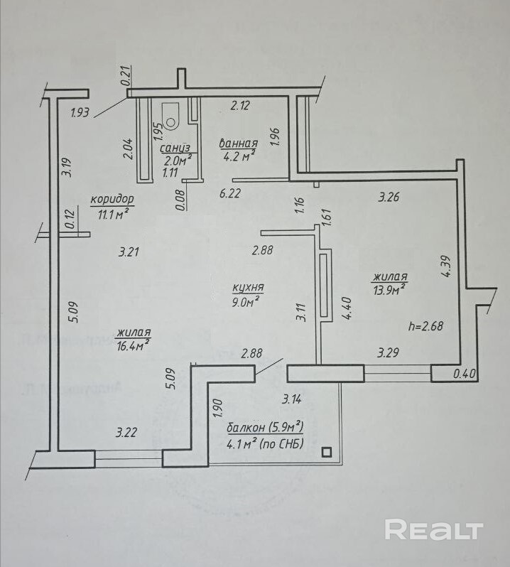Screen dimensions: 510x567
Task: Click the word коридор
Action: click(x=112, y=200)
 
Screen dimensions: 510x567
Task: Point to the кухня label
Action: click(x=248, y=288)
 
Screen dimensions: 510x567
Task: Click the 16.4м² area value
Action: click(x=133, y=345)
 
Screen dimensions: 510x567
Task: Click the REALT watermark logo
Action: click(x=433, y=529)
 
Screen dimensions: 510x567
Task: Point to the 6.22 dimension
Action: click(x=231, y=193)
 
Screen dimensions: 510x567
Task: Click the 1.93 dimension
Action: click(x=80, y=111)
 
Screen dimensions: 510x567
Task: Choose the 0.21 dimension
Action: click(x=126, y=76)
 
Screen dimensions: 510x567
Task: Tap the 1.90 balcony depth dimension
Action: click(x=218, y=411)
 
